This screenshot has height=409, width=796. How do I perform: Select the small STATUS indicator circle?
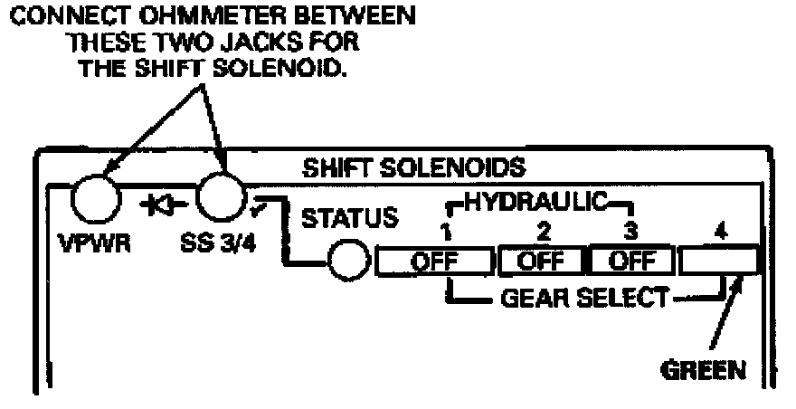click(x=347, y=262)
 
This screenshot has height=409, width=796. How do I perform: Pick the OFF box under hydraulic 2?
click(x=540, y=262)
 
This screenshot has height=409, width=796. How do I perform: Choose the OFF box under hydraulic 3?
click(x=631, y=262)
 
